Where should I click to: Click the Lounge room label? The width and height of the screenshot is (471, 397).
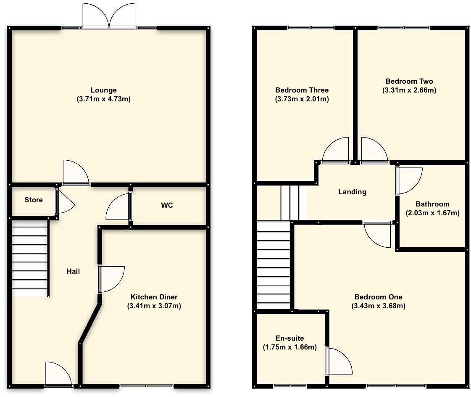pos(103,90)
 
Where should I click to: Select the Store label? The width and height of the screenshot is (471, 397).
pos(33,200)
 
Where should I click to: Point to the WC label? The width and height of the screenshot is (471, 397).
pos(167,205)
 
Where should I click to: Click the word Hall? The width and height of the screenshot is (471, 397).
pos(73,271)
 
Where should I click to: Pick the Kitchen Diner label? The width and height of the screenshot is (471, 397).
pos(154,296)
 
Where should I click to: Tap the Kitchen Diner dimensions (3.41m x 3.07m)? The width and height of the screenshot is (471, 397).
pos(154,306)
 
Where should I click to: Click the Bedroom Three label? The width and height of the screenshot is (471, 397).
pos(302,90)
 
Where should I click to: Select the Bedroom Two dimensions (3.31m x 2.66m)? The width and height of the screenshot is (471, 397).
pos(409,90)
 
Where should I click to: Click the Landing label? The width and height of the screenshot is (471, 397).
pos(352,192)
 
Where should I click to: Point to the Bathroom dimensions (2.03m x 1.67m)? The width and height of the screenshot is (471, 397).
pos(432,213)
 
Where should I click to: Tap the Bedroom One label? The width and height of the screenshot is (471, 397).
pos(378,296)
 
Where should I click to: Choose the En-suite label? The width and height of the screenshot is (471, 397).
pos(289,338)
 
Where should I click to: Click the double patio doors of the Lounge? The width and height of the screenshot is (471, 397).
pos(109,16)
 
